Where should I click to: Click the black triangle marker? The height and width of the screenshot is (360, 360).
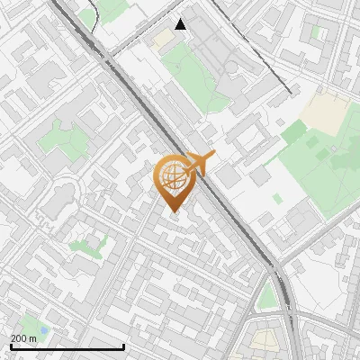point(181,24)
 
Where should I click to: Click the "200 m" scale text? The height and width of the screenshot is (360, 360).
point(23,338)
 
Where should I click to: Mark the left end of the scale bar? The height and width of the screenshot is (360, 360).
point(11,347)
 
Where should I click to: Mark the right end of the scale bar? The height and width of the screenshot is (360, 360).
point(123,347)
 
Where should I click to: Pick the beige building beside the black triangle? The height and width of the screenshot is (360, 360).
point(162,40)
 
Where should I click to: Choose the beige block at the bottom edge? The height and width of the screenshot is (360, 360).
point(264,341)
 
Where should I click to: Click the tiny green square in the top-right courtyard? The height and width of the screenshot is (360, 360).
point(317,32)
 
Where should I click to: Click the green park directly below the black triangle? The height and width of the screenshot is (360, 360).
point(193,76)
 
